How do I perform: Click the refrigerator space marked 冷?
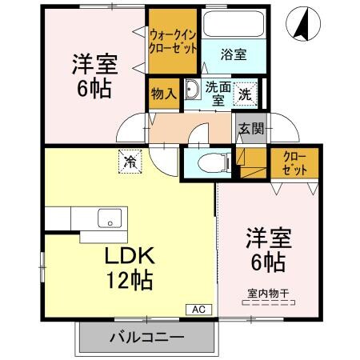(130, 162)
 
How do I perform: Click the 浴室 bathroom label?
(234, 54)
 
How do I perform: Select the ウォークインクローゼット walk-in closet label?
(173, 40)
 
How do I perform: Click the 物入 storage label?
(164, 94)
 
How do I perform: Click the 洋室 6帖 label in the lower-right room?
(268, 249)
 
